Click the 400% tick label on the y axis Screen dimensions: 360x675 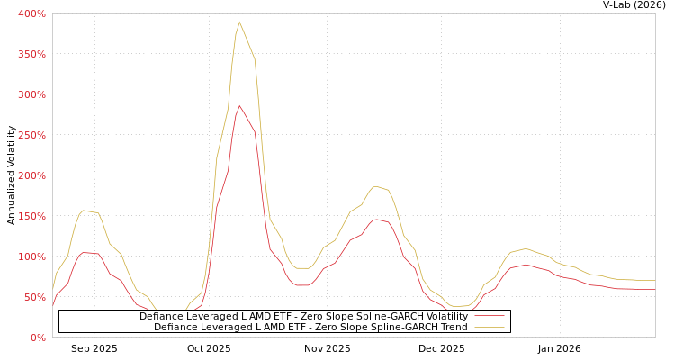coord(31,13)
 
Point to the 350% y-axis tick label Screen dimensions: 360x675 coord(31,54)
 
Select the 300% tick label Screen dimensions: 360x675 coord(31,94)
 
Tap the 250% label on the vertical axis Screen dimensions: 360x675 coord(31,135)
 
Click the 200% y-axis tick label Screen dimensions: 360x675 coord(31,175)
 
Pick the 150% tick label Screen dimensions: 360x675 coord(31,216)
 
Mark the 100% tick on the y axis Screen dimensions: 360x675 coord(31,256)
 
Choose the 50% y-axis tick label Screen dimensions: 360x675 coord(34,297)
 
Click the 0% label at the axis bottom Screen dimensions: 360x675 coord(38,337)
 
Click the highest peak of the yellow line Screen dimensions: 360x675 coord(239,22)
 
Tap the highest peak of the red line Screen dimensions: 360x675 coord(239,105)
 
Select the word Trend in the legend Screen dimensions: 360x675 coord(452,327)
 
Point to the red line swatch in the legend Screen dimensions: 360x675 coord(489,316)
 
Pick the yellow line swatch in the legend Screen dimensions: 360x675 coord(489,327)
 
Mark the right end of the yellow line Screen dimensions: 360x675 coord(654,280)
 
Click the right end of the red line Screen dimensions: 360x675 coord(654,289)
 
